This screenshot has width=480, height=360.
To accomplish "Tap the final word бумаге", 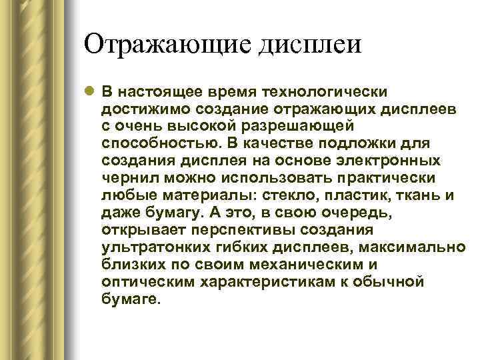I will [131, 300].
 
